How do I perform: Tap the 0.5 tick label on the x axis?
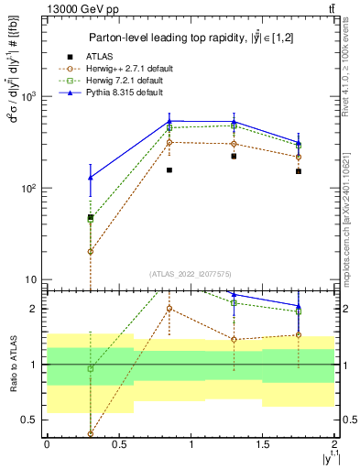coord(118,444)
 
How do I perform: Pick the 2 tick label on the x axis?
coord(334,444)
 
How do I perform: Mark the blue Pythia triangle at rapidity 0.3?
coord(90,178)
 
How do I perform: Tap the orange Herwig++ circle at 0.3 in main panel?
coord(90,251)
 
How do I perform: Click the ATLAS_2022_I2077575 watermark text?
coord(191,273)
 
